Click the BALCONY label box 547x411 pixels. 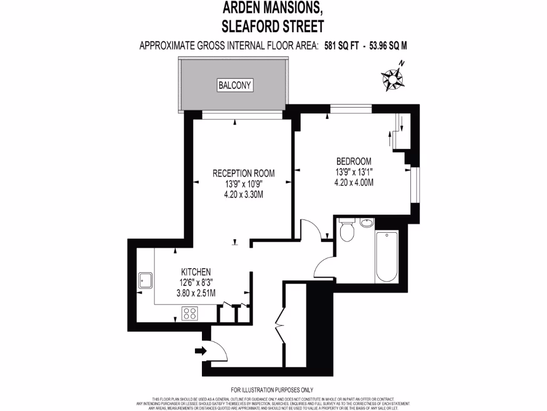235,85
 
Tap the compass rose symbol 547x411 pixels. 393,78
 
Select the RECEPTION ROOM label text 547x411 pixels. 244,173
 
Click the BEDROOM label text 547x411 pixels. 354,161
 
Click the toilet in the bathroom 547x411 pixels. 346,231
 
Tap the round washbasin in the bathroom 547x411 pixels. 366,223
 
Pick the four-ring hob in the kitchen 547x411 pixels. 190,313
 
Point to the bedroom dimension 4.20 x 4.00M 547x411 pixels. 354,182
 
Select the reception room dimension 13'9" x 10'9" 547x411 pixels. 244,184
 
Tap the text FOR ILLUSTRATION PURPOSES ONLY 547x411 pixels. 272,390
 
